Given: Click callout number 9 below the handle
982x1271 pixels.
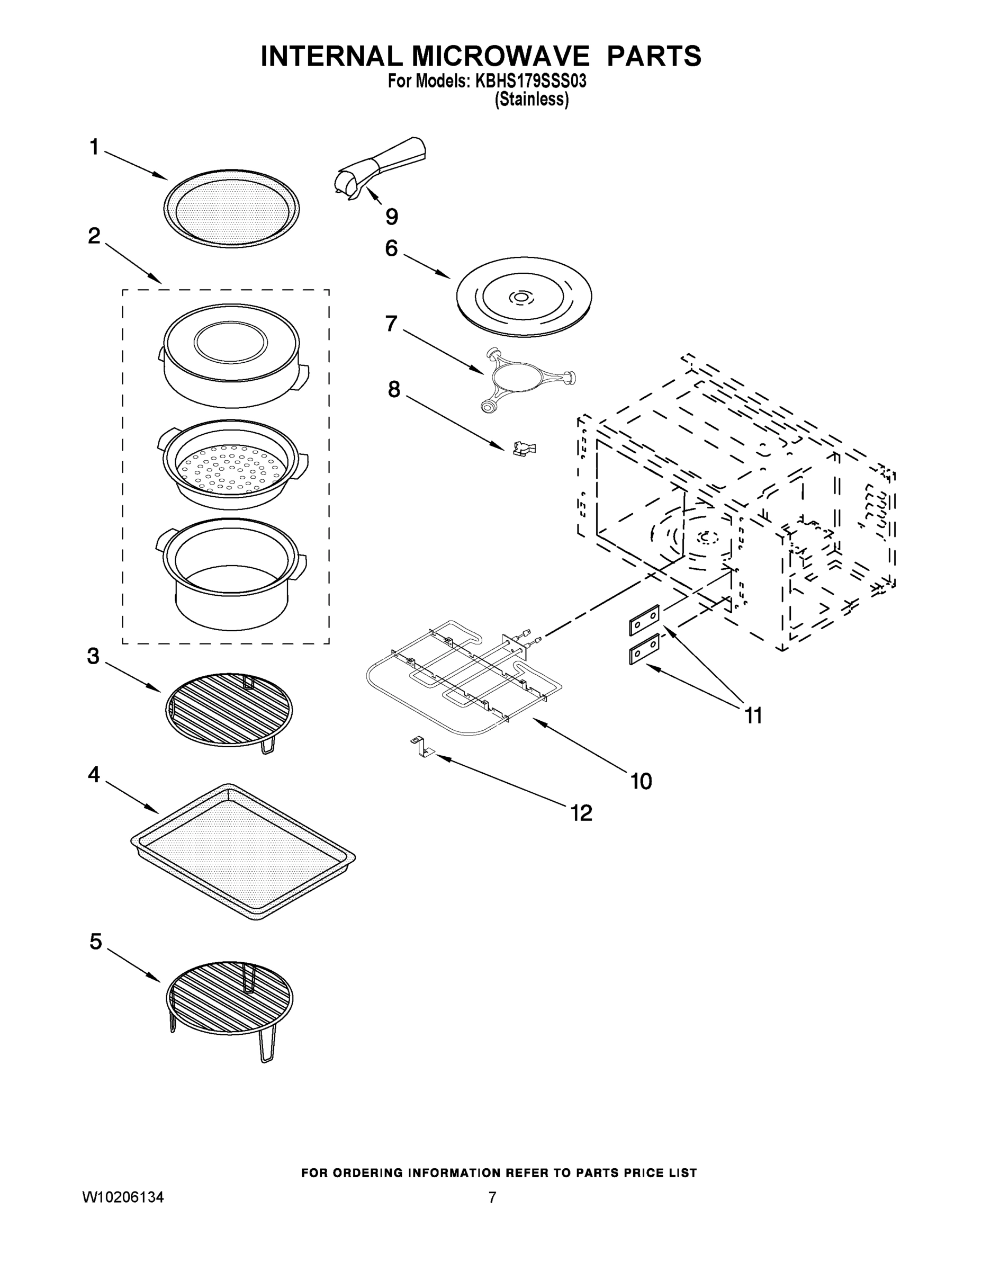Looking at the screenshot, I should coord(392,217).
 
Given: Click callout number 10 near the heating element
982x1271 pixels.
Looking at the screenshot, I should coord(641,781).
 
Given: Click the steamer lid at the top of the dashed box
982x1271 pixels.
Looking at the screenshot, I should coord(231,355).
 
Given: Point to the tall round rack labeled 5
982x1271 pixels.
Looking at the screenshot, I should coord(229,998).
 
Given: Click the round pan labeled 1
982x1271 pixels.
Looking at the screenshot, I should coord(231,208).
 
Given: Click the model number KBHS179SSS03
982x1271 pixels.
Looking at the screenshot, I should coord(530,82).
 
